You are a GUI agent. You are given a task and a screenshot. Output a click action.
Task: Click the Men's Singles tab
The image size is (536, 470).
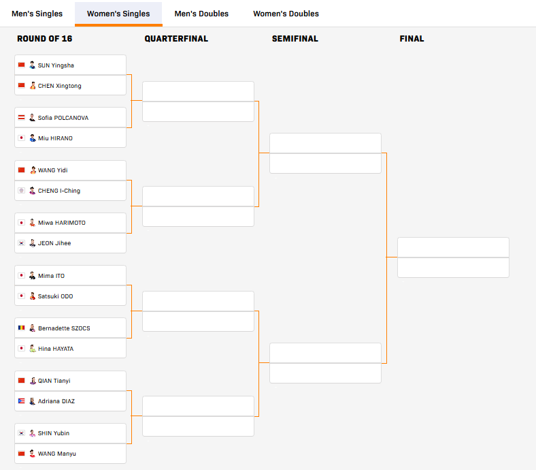pos(37,14)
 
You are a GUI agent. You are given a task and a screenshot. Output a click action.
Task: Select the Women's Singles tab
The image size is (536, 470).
pos(118,14)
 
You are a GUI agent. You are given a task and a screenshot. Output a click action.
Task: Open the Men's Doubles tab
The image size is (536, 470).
pos(201,14)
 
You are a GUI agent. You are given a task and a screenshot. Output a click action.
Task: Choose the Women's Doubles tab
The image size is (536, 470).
pos(286,14)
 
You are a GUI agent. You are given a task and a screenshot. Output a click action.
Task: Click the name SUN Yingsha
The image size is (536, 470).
pos(56,65)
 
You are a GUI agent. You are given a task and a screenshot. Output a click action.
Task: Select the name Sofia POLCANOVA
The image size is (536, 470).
pos(63,118)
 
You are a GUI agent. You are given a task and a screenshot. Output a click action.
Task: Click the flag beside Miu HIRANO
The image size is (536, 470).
pos(22,138)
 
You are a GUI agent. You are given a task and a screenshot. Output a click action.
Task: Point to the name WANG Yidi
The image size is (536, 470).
pos(53,170)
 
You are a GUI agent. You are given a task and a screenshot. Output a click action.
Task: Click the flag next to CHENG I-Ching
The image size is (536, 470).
pos(22,191)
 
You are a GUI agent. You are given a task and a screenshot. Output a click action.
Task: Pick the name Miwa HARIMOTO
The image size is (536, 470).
pos(62,223)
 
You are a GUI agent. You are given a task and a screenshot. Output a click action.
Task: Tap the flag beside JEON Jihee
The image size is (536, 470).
pos(22,243)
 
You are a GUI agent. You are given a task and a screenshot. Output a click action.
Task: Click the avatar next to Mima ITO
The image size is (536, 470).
pos(32,276)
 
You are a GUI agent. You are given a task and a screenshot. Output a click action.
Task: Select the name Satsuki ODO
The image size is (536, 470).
pos(56,296)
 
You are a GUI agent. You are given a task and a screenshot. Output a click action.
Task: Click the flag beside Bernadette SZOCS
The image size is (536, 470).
pos(22,328)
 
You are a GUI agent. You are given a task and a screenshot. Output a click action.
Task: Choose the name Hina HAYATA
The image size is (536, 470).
pos(56,349)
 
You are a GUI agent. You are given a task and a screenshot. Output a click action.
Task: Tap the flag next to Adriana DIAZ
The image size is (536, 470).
pos(22,401)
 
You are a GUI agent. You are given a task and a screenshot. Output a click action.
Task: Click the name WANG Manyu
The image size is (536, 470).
pos(57,454)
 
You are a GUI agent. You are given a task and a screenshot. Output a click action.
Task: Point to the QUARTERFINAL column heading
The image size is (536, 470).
pos(176,39)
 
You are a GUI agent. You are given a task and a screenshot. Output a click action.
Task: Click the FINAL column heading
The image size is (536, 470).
pos(412,39)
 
